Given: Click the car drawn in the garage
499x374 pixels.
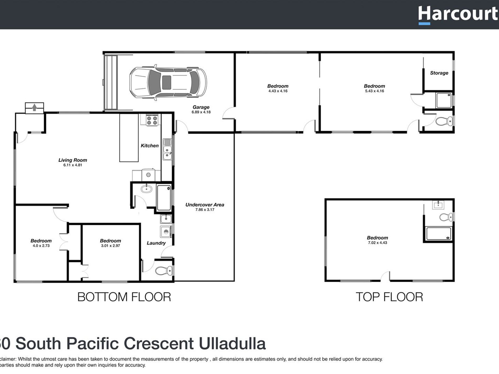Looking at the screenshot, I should (x=168, y=83).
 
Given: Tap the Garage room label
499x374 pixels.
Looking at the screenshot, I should (x=201, y=107).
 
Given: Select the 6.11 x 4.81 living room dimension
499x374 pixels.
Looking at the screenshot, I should (x=73, y=165).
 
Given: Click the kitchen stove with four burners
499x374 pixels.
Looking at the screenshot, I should (x=152, y=120).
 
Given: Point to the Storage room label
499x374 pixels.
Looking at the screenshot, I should (x=439, y=73).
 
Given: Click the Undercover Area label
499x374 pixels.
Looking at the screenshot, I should (x=205, y=205).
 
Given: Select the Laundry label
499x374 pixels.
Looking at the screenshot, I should (x=156, y=243).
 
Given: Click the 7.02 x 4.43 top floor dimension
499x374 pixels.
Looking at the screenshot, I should (x=377, y=243).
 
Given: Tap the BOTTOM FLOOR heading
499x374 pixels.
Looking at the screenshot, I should (x=124, y=297).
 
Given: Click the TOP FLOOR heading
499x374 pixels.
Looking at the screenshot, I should (x=389, y=297).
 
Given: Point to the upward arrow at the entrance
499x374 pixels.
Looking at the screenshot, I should (x=34, y=107).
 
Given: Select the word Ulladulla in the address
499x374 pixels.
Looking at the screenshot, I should (x=232, y=344).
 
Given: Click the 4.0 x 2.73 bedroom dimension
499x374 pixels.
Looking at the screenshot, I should (x=41, y=246).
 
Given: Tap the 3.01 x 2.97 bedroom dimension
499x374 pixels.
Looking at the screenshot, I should (x=110, y=246).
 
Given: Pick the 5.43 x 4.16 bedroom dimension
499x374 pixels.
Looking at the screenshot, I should (x=374, y=91).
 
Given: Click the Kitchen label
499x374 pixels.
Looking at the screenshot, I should (x=149, y=146).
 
